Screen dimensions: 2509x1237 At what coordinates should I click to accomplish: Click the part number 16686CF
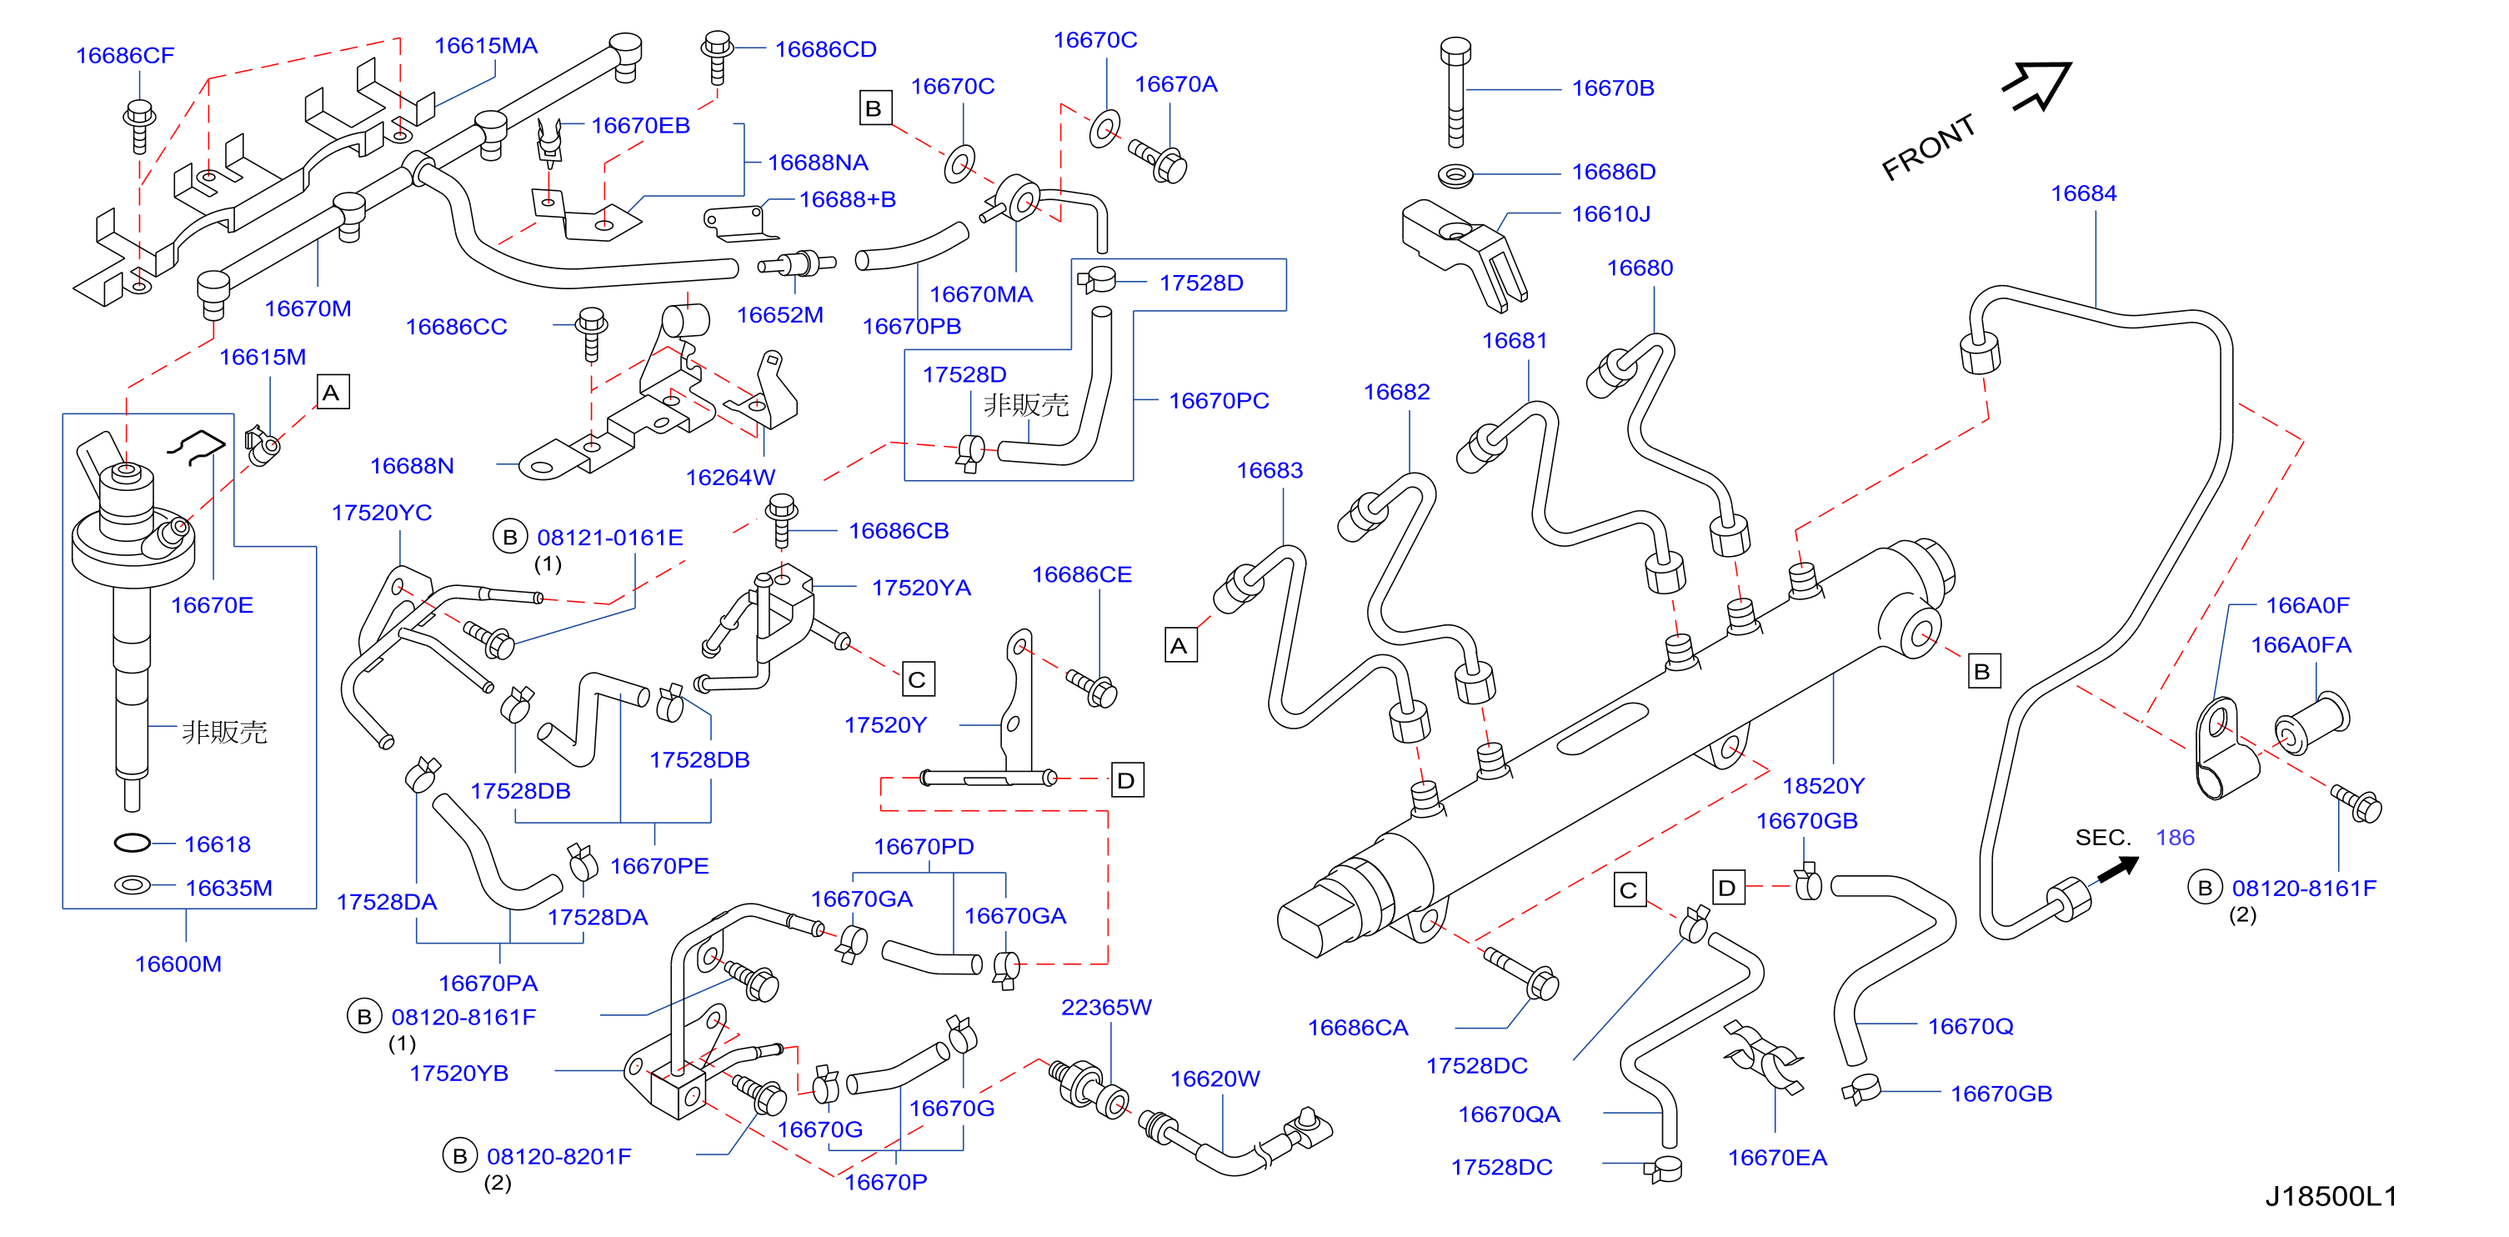(x=125, y=56)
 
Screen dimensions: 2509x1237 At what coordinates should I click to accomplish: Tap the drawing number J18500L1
(x=2331, y=1196)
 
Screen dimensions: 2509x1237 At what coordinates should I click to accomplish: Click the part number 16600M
(x=178, y=964)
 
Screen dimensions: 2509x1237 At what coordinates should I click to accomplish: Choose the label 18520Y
(x=1823, y=785)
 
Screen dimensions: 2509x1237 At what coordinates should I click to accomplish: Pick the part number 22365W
(x=1106, y=1007)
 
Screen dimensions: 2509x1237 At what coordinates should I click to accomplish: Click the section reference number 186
(x=2175, y=838)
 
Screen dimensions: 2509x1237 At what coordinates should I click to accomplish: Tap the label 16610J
(x=1611, y=213)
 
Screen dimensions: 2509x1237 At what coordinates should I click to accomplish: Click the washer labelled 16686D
(x=1455, y=176)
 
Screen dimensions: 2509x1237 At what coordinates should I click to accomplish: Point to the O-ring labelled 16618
(x=133, y=843)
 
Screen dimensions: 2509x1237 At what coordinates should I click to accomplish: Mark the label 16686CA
(x=1358, y=1028)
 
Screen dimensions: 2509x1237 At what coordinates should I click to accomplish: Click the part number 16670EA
(x=1777, y=1157)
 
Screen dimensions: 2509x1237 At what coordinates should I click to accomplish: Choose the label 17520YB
(x=458, y=1074)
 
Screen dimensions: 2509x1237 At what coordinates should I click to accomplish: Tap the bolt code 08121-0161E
(x=611, y=538)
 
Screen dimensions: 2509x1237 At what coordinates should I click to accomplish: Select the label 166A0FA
(x=2301, y=645)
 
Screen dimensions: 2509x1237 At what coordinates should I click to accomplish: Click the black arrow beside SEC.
(x=2118, y=868)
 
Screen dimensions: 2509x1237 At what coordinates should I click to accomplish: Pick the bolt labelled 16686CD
(x=718, y=58)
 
